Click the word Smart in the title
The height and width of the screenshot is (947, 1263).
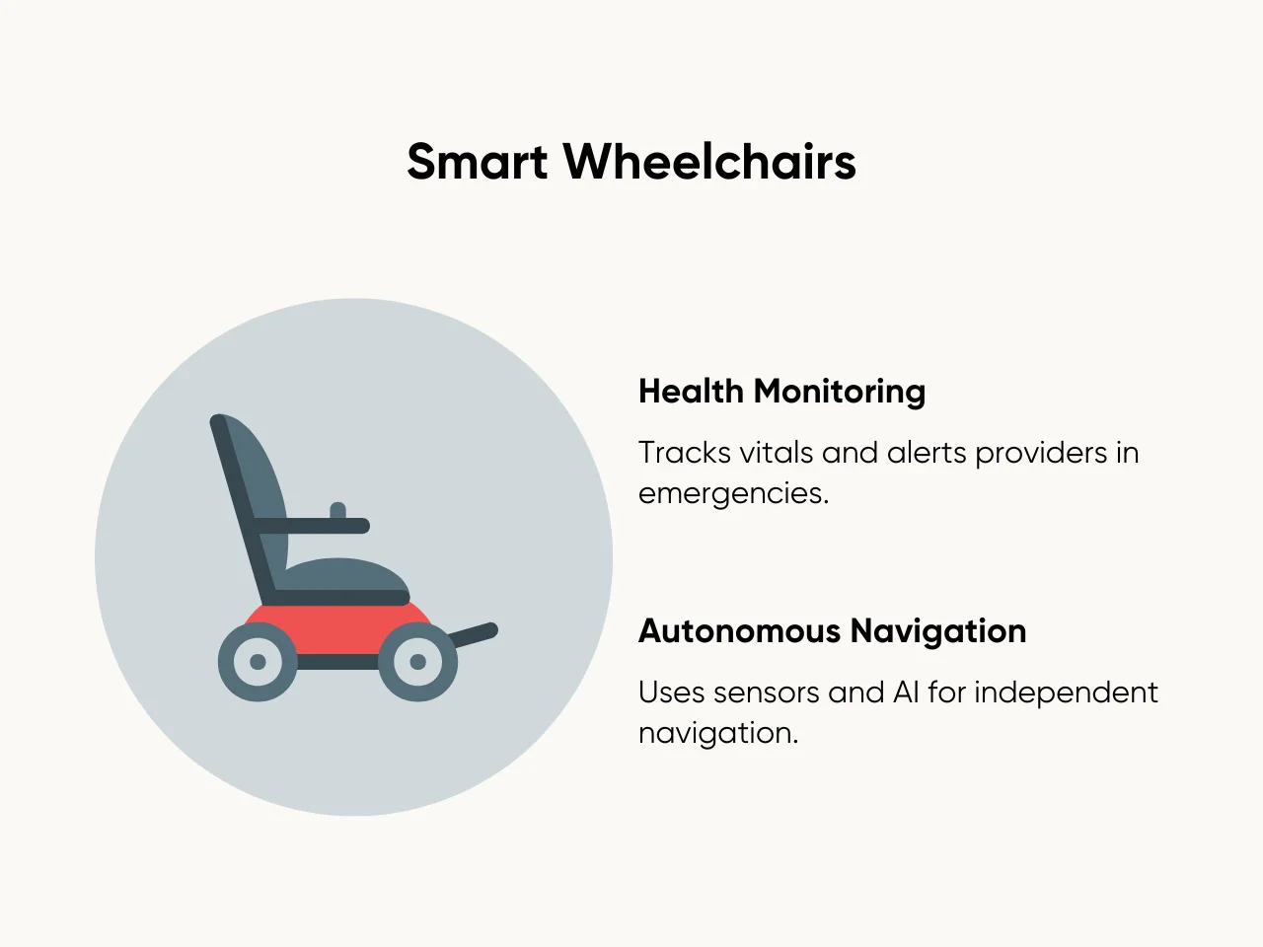click(x=477, y=162)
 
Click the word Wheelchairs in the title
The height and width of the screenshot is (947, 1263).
click(x=709, y=162)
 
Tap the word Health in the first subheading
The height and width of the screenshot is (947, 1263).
click(x=691, y=391)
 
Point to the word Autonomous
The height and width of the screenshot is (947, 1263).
click(x=739, y=630)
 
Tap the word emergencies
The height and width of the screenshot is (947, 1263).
click(x=734, y=494)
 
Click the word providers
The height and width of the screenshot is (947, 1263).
click(x=1041, y=454)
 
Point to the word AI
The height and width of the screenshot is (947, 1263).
click(x=906, y=692)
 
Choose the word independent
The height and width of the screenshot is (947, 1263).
click(x=1066, y=693)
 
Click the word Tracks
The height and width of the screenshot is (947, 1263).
click(x=685, y=453)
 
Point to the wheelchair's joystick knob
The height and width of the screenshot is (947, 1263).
click(x=337, y=510)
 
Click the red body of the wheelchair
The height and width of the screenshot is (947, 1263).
click(x=337, y=629)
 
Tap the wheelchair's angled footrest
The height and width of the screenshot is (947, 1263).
click(x=473, y=634)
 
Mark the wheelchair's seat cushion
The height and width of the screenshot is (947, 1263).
click(x=345, y=575)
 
